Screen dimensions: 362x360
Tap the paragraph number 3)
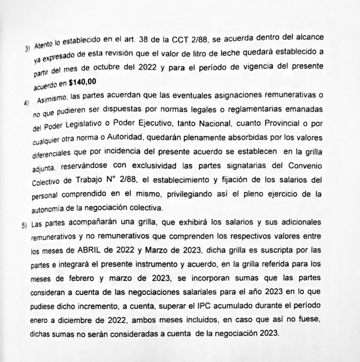27,49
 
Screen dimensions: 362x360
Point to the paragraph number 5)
25,225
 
